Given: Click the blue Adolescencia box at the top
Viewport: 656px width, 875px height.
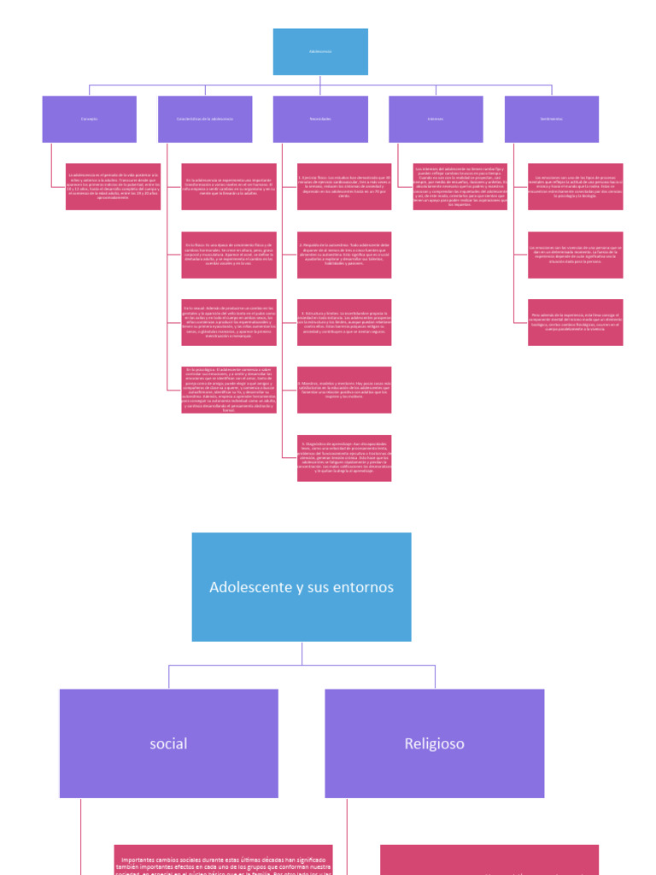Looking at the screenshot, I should point(320,51).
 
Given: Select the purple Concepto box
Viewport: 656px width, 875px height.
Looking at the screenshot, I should point(90,119).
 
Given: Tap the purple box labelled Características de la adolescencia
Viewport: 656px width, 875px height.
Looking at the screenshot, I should point(205,119).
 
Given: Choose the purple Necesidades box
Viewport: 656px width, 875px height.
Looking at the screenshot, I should point(320,119).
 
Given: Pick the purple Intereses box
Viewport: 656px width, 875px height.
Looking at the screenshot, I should point(436,119).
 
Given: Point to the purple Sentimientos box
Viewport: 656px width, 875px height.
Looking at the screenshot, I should point(551,119).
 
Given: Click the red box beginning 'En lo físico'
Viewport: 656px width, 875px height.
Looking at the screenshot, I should point(229,255).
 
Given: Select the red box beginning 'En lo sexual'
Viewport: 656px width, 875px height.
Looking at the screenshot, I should point(229,322).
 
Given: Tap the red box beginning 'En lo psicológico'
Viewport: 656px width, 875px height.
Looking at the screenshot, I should point(229,390).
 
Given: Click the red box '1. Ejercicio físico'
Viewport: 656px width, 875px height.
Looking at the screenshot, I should point(344,186).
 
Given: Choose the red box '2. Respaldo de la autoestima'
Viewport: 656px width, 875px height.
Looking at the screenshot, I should point(344,255).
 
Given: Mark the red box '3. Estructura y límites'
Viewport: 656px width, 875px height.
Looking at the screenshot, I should point(344,322).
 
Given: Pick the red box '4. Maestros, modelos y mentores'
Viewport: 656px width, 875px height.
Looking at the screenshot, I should point(344,390).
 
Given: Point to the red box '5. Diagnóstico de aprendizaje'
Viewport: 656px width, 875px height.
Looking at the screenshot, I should point(344,457).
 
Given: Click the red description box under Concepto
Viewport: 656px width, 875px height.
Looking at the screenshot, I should point(113,186).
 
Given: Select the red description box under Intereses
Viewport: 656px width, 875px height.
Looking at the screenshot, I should point(460,186).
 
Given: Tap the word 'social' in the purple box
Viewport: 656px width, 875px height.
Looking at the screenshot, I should point(168,743).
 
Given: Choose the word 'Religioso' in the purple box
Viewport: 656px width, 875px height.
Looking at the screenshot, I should point(435,743).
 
